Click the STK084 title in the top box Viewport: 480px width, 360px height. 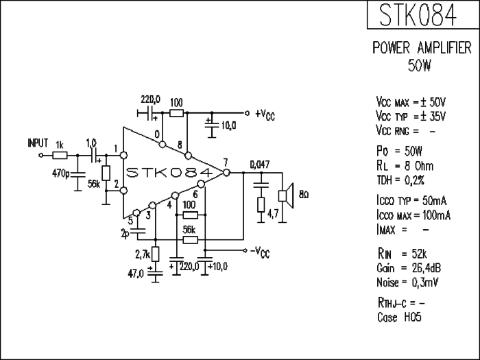418,14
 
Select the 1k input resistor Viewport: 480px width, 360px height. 60,156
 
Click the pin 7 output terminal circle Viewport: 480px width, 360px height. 226,173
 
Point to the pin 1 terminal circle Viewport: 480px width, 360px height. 123,156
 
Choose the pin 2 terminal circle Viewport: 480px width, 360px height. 123,191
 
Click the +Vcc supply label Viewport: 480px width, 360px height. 265,115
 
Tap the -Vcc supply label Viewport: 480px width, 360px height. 260,252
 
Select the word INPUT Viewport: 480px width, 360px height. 38,143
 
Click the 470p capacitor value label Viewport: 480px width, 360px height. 61,174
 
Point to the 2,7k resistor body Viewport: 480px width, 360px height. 156,254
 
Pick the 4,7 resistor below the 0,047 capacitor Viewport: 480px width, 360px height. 261,204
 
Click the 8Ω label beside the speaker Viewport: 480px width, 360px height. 304,195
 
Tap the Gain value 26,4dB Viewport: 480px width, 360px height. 426,268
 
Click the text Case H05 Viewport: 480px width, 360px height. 399,317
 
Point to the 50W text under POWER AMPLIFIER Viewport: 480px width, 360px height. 420,66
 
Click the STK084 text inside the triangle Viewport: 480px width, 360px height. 169,173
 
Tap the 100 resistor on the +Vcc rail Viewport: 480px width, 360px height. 177,114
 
